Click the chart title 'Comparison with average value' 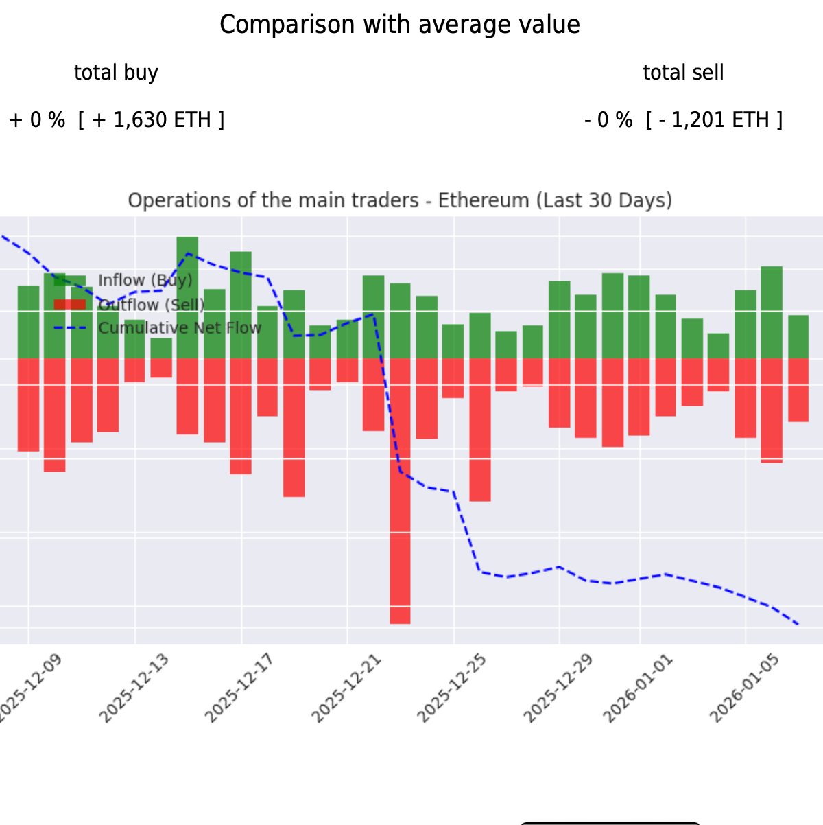tap(399, 25)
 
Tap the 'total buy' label tap(116, 72)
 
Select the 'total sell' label tap(683, 72)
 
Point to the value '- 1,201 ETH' tap(713, 120)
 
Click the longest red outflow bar tap(401, 490)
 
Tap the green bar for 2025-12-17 tap(241, 305)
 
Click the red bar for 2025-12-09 tap(28, 404)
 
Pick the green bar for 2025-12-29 tap(560, 319)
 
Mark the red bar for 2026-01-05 tap(746, 397)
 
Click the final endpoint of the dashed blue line tap(799, 625)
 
